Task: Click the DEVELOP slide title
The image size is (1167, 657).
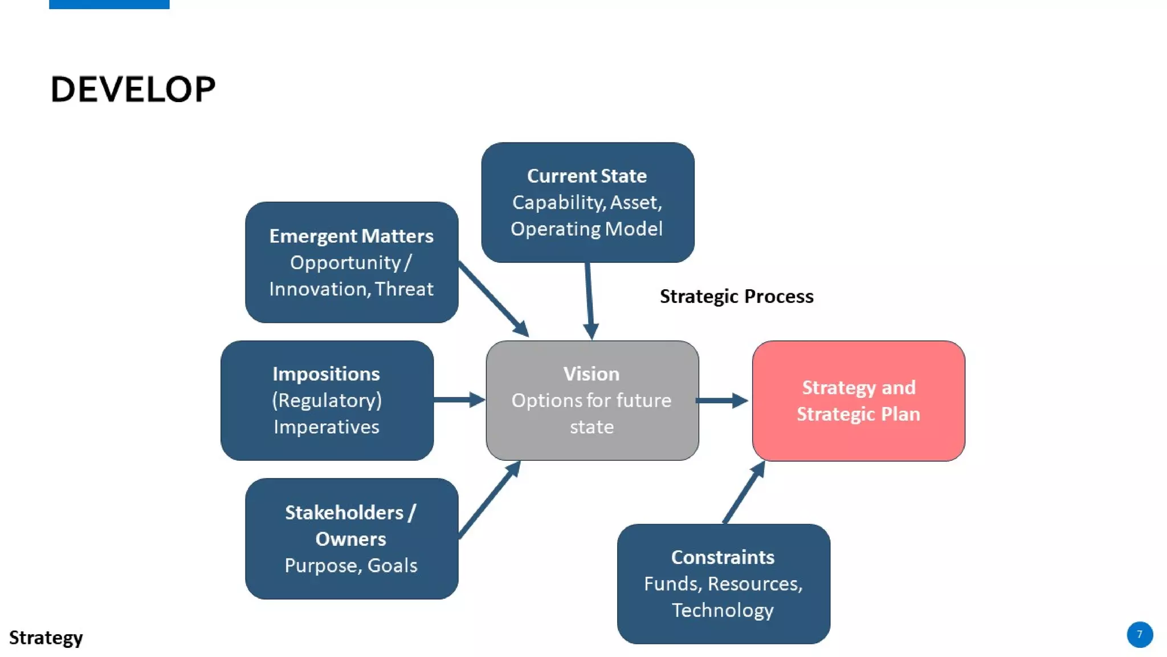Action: (133, 90)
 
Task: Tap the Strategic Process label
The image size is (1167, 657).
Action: (736, 297)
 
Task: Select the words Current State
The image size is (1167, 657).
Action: (586, 176)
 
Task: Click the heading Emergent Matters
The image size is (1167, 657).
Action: (351, 236)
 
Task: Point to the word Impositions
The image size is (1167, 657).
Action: (326, 374)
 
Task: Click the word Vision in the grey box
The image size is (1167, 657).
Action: (591, 374)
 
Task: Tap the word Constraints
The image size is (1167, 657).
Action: (723, 557)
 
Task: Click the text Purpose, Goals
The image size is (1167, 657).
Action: (351, 566)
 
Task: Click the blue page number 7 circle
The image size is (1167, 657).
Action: (1140, 634)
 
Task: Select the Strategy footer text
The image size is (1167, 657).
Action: (46, 638)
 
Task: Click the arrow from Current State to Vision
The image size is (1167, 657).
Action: (589, 299)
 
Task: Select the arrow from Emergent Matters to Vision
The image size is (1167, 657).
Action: (493, 299)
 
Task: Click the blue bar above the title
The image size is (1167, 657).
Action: (109, 4)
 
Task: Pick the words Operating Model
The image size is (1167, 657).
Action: (586, 229)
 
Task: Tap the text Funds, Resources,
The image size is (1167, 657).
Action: (723, 584)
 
